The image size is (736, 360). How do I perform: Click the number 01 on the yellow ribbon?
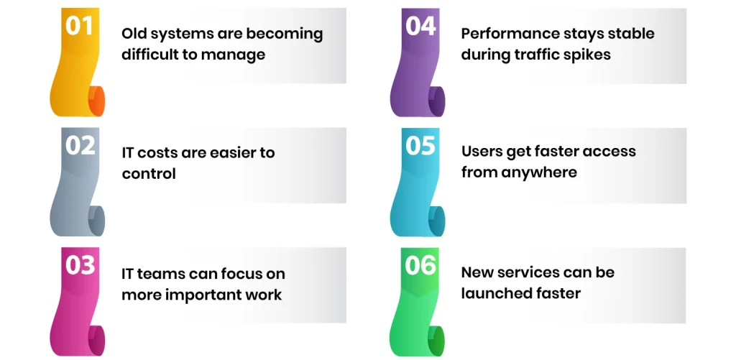(x=80, y=26)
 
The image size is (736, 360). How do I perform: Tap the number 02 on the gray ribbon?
(x=80, y=145)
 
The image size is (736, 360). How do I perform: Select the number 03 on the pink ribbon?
(x=80, y=265)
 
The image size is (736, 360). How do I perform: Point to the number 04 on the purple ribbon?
(x=420, y=26)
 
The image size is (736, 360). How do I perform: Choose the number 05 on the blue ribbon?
(x=420, y=145)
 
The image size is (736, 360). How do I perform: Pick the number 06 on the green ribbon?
(x=420, y=265)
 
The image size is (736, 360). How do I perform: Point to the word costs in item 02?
(x=162, y=153)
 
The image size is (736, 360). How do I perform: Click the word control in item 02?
(x=149, y=174)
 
